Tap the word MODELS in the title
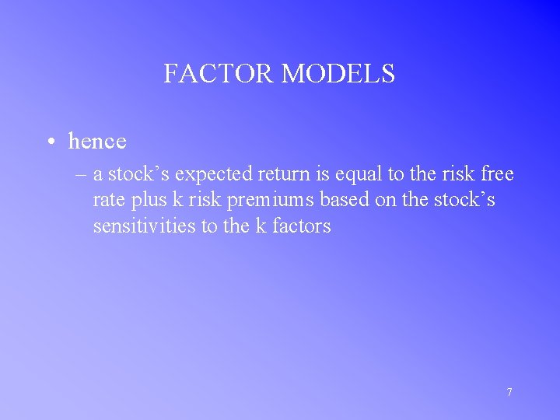pyautogui.click(x=338, y=74)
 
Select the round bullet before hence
pyautogui.click(x=50, y=142)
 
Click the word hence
pyautogui.click(x=97, y=142)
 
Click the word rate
pyautogui.click(x=107, y=201)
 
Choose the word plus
pyautogui.click(x=148, y=201)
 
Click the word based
pyautogui.click(x=334, y=201)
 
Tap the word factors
pyautogui.click(x=302, y=226)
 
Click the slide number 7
pyautogui.click(x=509, y=392)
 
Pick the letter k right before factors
pyautogui.click(x=261, y=226)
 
